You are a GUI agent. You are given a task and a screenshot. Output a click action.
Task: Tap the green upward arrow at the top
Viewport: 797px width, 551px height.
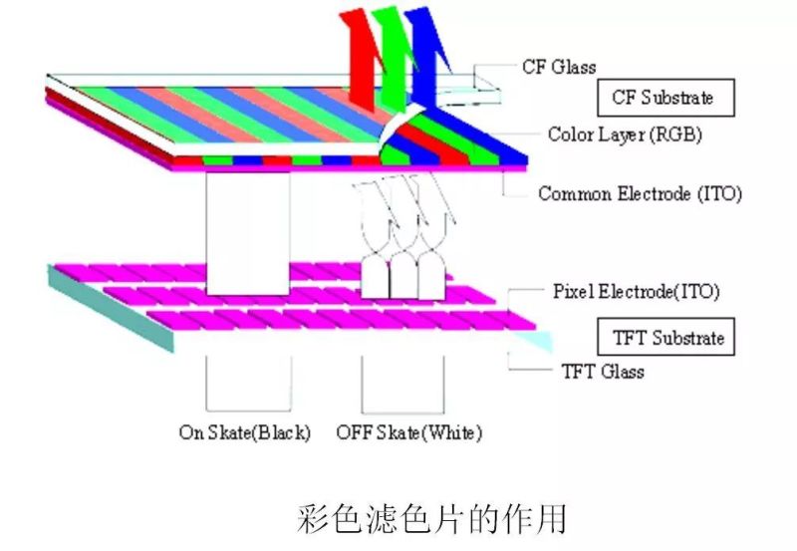coord(392,50)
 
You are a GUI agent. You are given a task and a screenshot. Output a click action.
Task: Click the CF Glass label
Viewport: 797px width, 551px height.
coord(559,68)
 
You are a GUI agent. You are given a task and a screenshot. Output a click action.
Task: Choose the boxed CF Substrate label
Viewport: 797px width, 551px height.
coord(663,98)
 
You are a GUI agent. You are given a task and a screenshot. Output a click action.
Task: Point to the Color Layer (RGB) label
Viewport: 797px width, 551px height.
coord(625,134)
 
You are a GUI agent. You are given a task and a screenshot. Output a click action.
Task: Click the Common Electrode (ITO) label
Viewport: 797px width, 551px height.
coord(640,193)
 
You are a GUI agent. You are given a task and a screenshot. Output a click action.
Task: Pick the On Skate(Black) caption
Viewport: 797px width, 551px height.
coord(245,432)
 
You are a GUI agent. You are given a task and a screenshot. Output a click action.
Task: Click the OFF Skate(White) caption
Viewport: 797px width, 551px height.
coord(408,432)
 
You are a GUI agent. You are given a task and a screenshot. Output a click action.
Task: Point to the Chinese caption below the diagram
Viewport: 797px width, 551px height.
coord(431,518)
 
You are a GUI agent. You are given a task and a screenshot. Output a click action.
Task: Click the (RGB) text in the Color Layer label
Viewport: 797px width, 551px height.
coord(675,134)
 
